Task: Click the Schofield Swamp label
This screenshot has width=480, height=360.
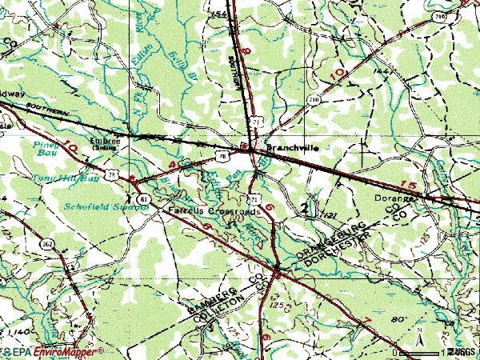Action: pyautogui.click(x=95, y=206)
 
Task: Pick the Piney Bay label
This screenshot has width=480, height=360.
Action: pyautogui.click(x=46, y=149)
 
